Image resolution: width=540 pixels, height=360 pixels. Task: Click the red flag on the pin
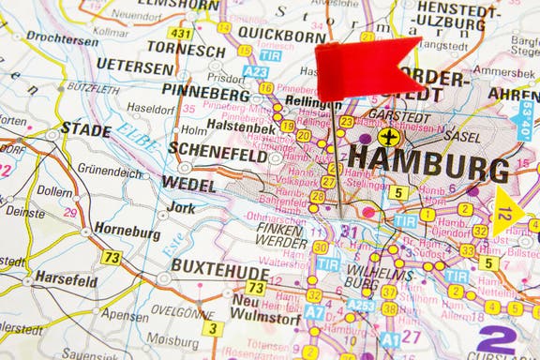(366, 68)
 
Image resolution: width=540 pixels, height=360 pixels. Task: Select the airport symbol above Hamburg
(386, 138)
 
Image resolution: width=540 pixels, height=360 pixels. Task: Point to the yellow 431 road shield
(181, 34)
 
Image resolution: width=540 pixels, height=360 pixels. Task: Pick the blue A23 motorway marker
(254, 71)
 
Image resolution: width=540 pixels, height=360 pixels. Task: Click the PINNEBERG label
(205, 91)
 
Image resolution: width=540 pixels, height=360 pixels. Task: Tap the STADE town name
(86, 128)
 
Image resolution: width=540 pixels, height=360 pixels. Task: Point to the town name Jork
(181, 207)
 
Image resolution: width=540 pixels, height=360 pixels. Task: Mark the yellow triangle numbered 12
(506, 213)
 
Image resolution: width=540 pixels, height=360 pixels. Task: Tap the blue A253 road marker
(361, 305)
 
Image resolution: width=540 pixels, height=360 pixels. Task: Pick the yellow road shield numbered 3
(214, 328)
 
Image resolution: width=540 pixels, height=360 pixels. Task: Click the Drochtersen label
(62, 38)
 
